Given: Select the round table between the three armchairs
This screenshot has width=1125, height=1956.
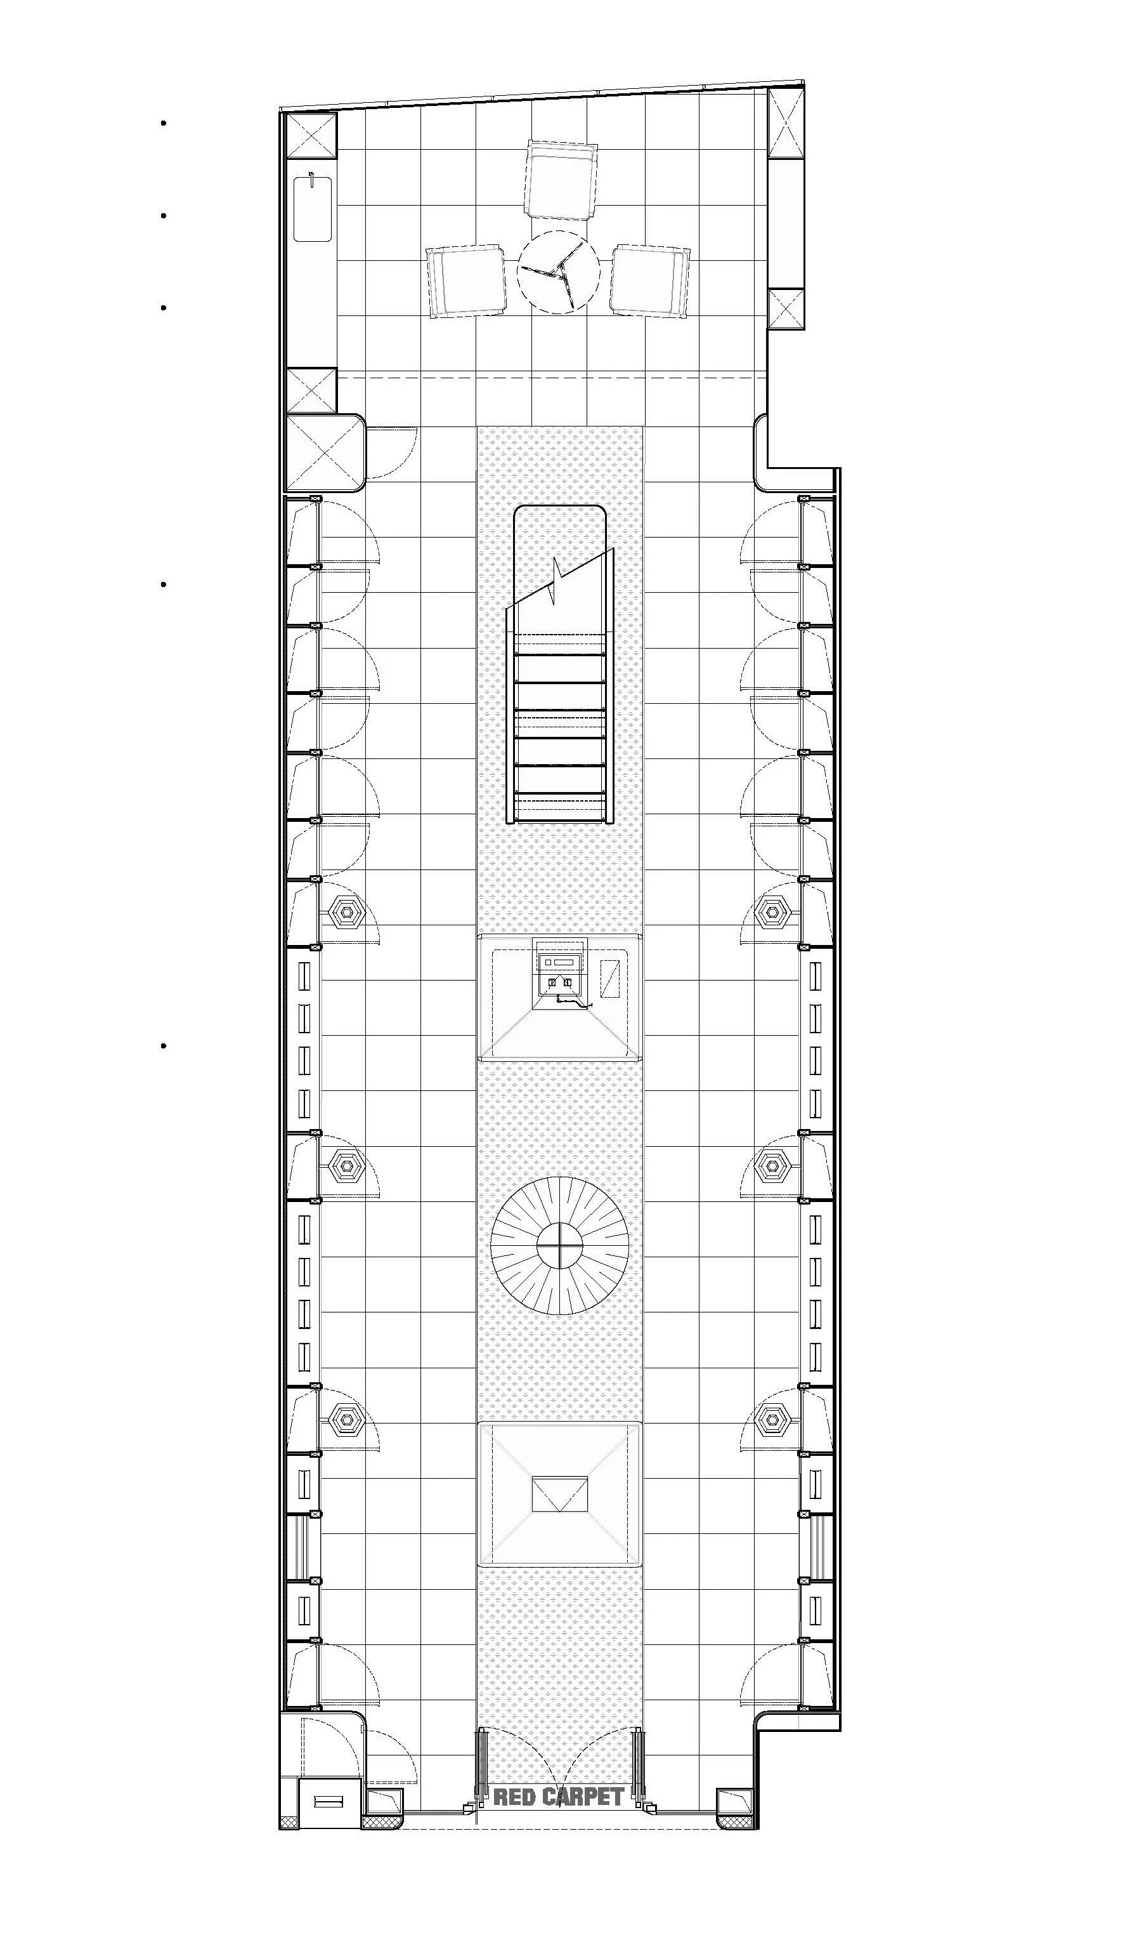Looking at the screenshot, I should (558, 273).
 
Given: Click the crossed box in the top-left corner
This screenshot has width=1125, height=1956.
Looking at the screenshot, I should (312, 137).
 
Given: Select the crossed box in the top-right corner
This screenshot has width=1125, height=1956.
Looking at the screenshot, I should (786, 122).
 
